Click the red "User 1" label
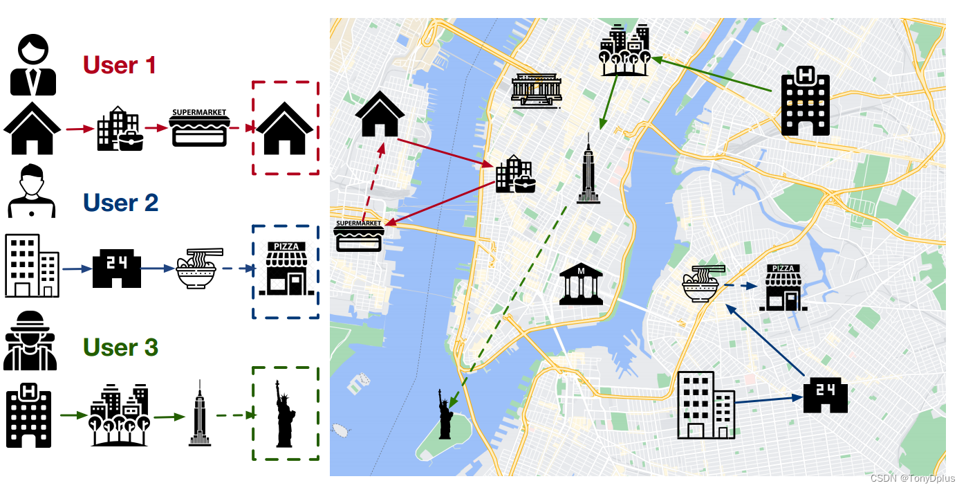pyautogui.click(x=119, y=65)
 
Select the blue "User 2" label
pyautogui.click(x=120, y=203)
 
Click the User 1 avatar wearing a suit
pyautogui.click(x=32, y=66)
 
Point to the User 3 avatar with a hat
pyautogui.click(x=30, y=341)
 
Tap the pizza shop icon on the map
pyautogui.click(x=783, y=287)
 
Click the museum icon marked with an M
pyautogui.click(x=580, y=283)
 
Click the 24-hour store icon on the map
pyautogui.click(x=825, y=395)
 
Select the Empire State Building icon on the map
pyautogui.click(x=588, y=170)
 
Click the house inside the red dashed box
pyautogui.click(x=286, y=129)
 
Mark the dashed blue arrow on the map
pyautogui.click(x=742, y=285)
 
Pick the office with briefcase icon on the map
pyautogui.click(x=514, y=174)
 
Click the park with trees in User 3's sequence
pyautogui.click(x=120, y=415)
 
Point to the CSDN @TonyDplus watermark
pyautogui.click(x=912, y=478)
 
